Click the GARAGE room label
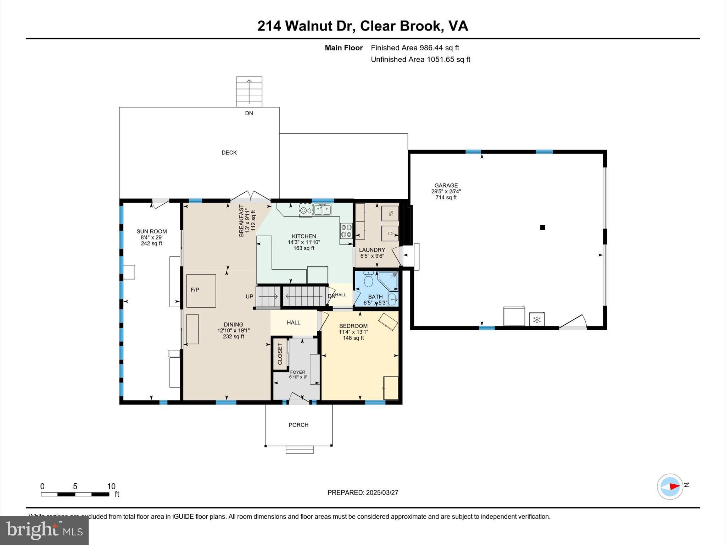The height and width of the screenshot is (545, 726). [446, 186]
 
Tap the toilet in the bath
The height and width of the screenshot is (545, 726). [369, 279]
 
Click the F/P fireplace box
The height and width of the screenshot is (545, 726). [201, 290]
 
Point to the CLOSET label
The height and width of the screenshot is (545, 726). [280, 354]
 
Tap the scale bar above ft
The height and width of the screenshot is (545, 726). [75, 494]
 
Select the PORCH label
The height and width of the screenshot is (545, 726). [298, 425]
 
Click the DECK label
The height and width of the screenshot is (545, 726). [229, 153]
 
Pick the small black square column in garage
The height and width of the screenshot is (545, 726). [542, 228]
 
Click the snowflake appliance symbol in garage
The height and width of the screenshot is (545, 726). [537, 320]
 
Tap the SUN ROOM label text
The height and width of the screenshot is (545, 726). [151, 231]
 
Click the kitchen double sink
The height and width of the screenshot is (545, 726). [322, 210]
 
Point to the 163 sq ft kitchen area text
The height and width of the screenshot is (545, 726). [304, 248]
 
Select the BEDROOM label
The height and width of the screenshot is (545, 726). [353, 326]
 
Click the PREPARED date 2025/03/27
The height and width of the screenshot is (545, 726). [363, 492]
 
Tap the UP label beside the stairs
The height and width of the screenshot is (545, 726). [250, 296]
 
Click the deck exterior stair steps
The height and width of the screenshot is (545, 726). [249, 92]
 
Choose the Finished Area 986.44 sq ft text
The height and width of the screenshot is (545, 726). [415, 48]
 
